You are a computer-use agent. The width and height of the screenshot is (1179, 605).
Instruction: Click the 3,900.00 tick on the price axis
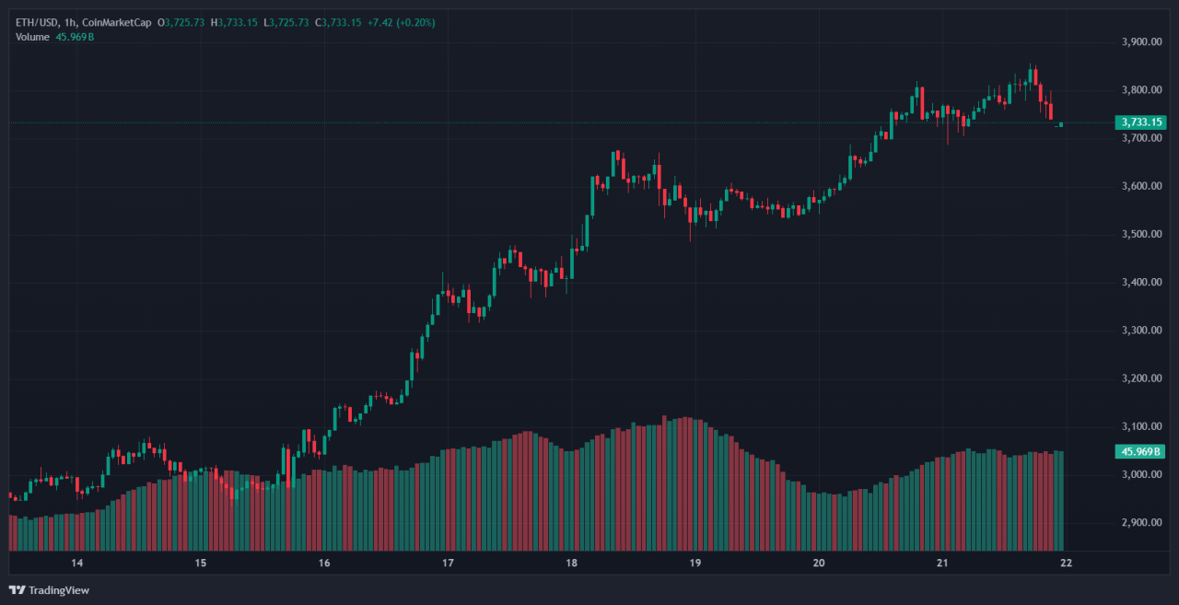coord(1140,41)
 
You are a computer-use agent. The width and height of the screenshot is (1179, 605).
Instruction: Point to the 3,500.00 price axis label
coord(1140,234)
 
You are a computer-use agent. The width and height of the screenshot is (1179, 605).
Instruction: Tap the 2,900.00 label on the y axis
coord(1140,522)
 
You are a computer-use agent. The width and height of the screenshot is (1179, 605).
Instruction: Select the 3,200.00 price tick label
coord(1140,378)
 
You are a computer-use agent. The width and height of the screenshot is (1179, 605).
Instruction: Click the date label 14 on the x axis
coord(77,563)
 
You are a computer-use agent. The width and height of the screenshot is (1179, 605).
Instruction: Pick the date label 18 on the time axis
coord(571,563)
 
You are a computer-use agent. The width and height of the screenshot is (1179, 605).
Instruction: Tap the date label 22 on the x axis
coord(1066,563)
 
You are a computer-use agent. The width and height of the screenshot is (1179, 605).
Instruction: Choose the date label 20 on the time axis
coord(818,563)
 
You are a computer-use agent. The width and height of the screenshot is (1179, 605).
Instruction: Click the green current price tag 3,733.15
coord(1140,122)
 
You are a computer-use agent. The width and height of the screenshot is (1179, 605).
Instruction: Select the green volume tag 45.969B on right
coord(1140,451)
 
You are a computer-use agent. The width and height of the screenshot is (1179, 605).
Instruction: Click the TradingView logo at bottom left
coord(50,589)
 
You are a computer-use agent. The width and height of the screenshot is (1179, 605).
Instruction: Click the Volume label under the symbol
coord(33,36)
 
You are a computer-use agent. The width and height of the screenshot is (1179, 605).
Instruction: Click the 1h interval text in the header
coord(74,22)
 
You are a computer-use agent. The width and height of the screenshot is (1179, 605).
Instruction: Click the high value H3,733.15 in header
coord(234,22)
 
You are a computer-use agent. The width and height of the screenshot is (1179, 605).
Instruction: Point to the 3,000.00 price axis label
coord(1140,474)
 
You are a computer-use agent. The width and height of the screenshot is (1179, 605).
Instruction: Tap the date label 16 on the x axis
coord(324,563)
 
